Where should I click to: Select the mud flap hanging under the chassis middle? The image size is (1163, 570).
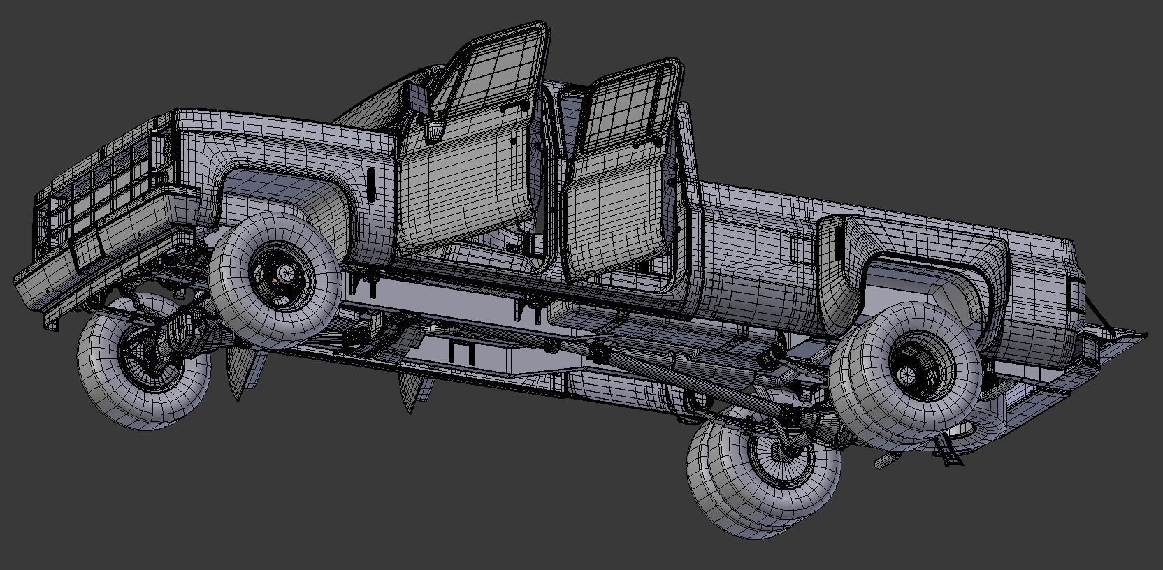[x=412, y=391]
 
